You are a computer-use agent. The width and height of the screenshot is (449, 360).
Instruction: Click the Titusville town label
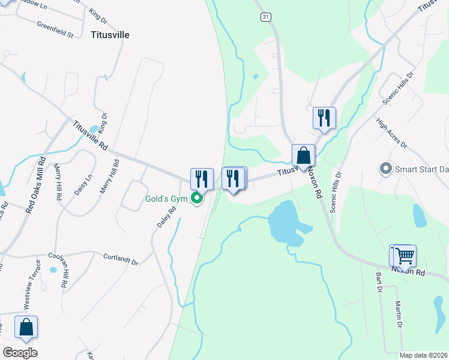click(110, 35)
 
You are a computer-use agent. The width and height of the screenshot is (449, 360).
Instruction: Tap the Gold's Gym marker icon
click(196, 199)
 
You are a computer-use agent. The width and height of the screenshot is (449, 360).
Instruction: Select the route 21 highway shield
click(265, 17)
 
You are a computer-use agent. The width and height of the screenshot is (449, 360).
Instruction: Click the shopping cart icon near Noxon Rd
click(405, 256)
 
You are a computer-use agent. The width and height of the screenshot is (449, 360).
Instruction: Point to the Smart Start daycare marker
click(386, 169)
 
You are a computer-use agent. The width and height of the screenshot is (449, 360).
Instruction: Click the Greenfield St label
click(55, 31)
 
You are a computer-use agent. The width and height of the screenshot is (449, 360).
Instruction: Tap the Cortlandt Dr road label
click(120, 259)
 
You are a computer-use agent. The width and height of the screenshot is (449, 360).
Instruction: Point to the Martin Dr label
click(399, 314)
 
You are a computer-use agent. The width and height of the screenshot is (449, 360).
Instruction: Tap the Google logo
click(20, 352)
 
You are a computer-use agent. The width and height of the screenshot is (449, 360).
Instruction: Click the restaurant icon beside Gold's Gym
click(202, 178)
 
